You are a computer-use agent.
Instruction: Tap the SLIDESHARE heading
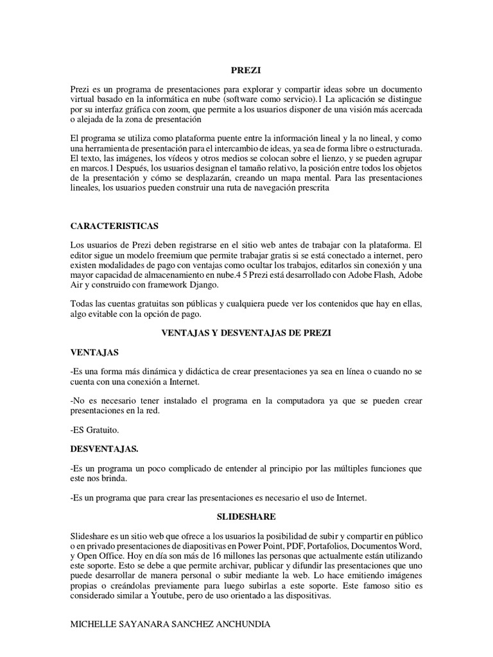coord(246,515)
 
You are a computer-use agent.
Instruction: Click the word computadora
coord(305,400)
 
